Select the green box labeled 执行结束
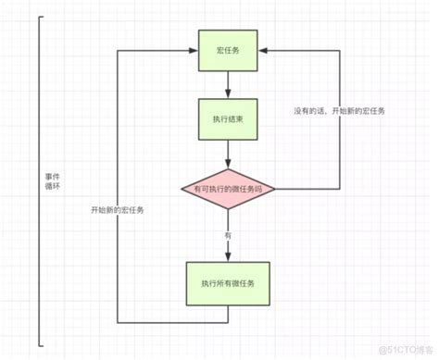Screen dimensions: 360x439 [227, 120]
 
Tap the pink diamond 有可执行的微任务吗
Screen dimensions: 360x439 [227, 190]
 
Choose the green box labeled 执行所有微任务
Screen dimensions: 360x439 [227, 282]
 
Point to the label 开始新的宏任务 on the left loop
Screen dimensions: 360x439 [118, 211]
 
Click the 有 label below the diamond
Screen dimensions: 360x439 [227, 237]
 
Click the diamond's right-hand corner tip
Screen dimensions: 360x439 [276, 190]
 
